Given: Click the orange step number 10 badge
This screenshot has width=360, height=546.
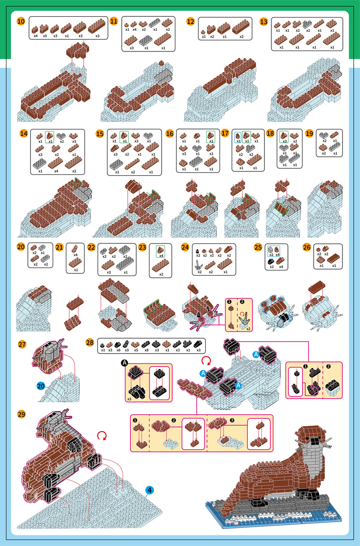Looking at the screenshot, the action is click(x=21, y=21).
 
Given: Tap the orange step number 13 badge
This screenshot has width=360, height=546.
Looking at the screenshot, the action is click(x=264, y=22).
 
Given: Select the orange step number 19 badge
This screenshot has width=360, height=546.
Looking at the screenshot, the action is click(x=309, y=134).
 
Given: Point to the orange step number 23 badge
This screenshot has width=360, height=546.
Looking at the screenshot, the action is click(x=142, y=247).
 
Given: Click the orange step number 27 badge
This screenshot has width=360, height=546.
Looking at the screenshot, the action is click(x=22, y=345).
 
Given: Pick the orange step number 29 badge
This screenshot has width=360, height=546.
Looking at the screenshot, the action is click(x=22, y=414).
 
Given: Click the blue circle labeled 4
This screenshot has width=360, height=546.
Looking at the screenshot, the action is click(x=150, y=490).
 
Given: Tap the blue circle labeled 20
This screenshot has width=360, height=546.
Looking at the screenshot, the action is click(x=41, y=386).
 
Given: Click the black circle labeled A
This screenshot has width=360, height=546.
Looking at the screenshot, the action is click(x=124, y=363).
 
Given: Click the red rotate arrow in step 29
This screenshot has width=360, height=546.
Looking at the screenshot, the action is click(x=102, y=435).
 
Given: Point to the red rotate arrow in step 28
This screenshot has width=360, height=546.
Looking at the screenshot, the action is click(x=207, y=360).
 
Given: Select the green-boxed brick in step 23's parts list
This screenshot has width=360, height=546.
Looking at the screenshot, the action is click(x=161, y=250).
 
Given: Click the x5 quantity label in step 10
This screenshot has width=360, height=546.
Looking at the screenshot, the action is click(x=45, y=36).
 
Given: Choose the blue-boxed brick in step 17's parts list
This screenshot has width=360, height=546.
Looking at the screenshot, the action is click(x=238, y=136).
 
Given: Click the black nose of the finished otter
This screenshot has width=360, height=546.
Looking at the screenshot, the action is click(x=314, y=441).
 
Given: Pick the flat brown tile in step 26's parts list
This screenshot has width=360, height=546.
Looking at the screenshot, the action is click(x=334, y=258).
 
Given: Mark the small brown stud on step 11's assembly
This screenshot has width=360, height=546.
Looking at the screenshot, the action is click(x=161, y=63).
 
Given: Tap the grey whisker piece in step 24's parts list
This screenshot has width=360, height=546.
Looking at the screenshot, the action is click(x=199, y=265).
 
